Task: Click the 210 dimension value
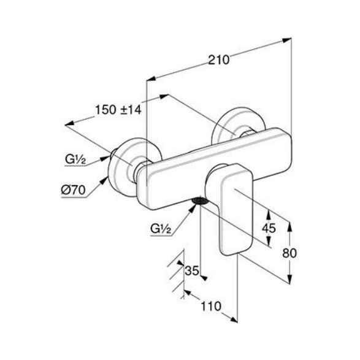point(218,60)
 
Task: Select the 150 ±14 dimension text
point(118,110)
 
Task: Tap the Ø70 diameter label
point(73,190)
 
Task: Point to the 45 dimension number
point(269,228)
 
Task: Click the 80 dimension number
point(289,253)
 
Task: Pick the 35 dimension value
point(192,270)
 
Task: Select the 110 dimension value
point(211,306)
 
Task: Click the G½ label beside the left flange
point(75,159)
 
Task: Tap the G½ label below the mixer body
point(161,228)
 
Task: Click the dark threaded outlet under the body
point(200,201)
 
